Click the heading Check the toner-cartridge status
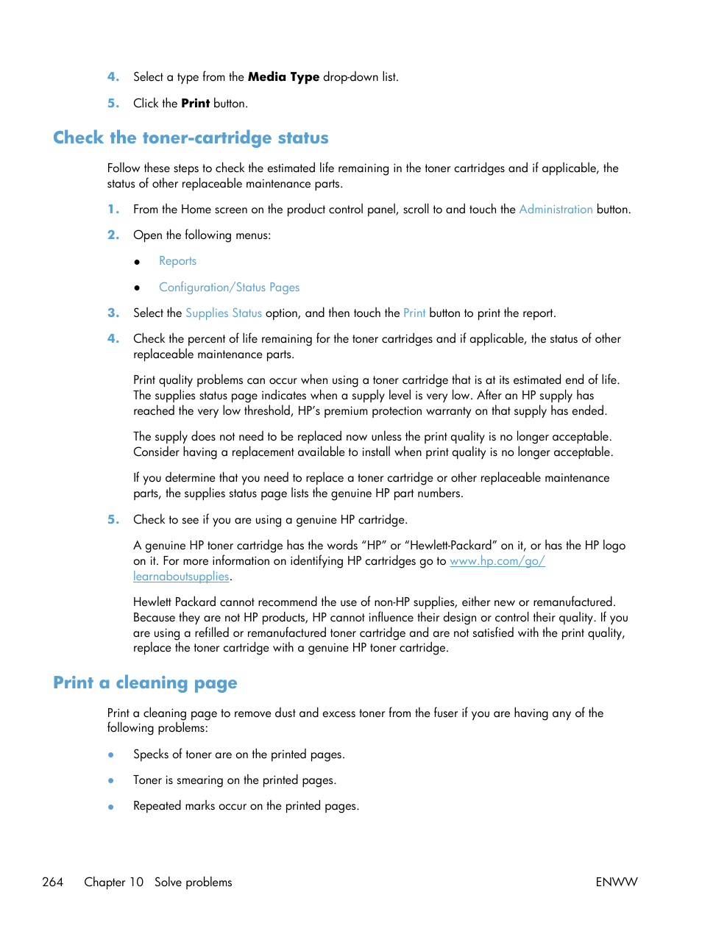pos(191,138)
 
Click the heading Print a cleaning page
pos(145,683)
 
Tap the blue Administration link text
pos(556,210)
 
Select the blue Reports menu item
pos(177,261)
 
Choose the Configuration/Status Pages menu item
pos(229,288)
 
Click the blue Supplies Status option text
pos(223,313)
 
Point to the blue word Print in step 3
pos(414,313)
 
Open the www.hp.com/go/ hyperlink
pos(497,561)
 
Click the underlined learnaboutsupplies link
pos(181,577)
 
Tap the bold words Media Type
pos(283,77)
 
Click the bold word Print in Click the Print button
pos(195,104)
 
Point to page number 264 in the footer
pos(53,882)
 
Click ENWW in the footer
pos(616,882)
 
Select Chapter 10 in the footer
pos(113,882)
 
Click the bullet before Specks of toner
pos(111,755)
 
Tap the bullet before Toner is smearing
pos(111,781)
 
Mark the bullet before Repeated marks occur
pos(111,807)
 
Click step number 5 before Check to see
pos(113,520)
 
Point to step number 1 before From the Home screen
pos(113,210)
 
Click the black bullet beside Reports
pos(137,262)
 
